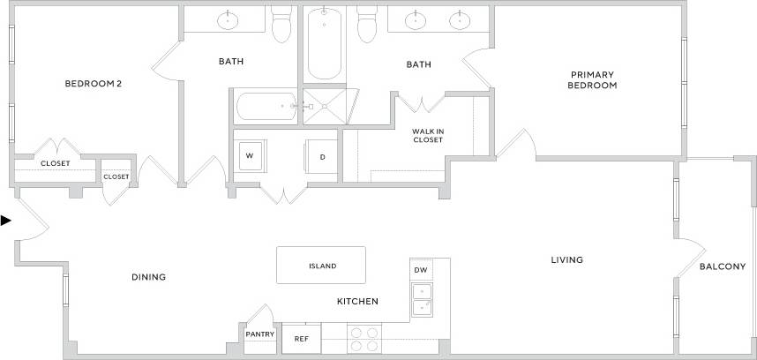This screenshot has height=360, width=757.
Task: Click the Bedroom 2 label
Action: click(x=93, y=84)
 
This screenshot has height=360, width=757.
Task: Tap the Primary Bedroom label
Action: click(x=591, y=80)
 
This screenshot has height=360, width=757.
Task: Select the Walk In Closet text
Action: click(x=428, y=135)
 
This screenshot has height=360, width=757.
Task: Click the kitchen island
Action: click(x=322, y=266)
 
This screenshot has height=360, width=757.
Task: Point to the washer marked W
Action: click(x=250, y=156)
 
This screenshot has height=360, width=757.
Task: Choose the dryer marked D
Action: click(x=322, y=157)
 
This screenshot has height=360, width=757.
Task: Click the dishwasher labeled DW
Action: click(x=420, y=270)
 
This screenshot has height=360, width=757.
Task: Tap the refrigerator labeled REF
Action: click(x=301, y=339)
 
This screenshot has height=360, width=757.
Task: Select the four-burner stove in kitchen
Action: click(x=365, y=339)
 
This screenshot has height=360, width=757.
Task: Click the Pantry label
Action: click(x=260, y=334)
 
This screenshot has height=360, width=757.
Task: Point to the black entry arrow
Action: click(x=6, y=221)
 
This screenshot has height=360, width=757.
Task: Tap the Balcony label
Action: click(x=723, y=266)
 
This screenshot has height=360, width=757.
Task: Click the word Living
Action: click(x=567, y=259)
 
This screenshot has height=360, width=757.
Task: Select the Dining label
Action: click(x=149, y=277)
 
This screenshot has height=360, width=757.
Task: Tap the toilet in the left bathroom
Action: click(x=282, y=25)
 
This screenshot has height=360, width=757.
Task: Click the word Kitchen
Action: click(x=357, y=302)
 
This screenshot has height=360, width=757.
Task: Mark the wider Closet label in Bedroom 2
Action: click(x=55, y=163)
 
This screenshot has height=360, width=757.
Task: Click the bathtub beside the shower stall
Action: click(x=266, y=107)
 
